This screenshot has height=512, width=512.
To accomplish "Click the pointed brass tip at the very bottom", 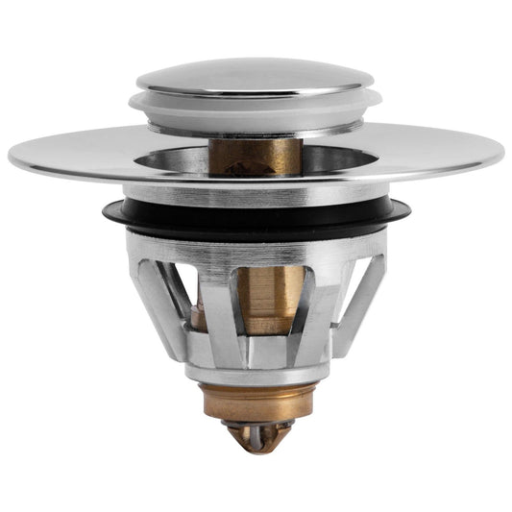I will [256, 438].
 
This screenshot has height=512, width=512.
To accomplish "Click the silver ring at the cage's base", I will [256, 370].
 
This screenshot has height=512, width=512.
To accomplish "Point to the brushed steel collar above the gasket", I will [256, 192].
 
